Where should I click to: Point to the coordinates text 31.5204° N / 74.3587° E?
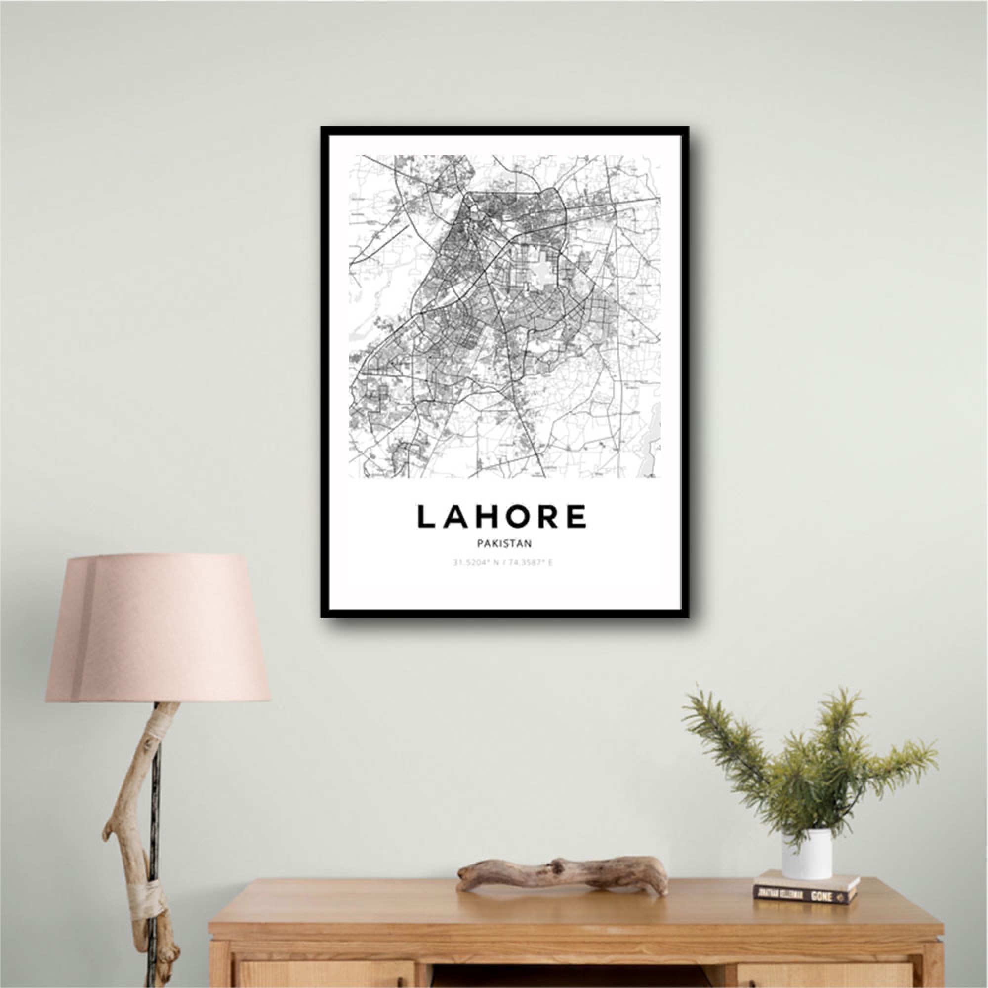503,563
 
